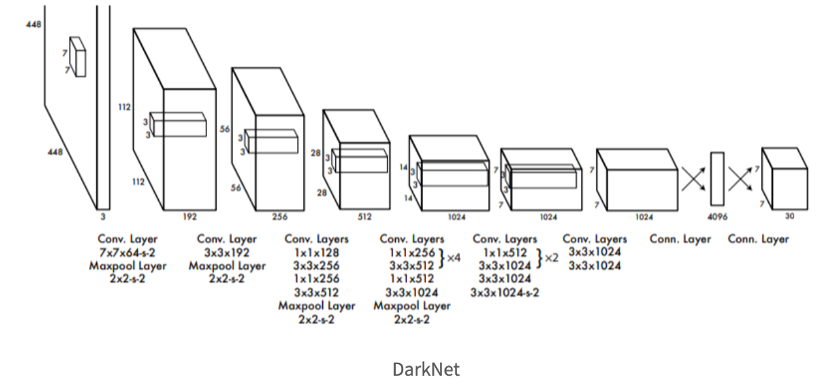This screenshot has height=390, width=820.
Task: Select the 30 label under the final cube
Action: [x=790, y=217]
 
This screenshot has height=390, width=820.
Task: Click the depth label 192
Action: [x=190, y=217]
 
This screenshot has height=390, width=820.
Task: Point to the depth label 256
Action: [x=280, y=217]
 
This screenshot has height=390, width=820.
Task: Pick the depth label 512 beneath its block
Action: [x=364, y=217]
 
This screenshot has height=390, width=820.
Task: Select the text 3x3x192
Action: [x=227, y=253]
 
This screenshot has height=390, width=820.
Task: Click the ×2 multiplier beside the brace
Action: [x=551, y=258]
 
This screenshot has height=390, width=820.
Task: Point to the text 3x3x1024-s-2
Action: [x=505, y=292]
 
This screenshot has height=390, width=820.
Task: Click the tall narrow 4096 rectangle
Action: [x=717, y=178]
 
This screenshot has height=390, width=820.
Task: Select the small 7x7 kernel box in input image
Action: [x=78, y=57]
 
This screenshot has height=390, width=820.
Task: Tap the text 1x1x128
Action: [x=317, y=253]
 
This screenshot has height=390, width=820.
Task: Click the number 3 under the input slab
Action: [x=104, y=217]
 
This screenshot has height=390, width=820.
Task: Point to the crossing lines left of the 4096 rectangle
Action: [x=694, y=178]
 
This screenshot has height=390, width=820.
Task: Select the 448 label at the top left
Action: [x=33, y=25]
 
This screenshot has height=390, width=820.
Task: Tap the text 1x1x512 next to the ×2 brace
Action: [x=505, y=253]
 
